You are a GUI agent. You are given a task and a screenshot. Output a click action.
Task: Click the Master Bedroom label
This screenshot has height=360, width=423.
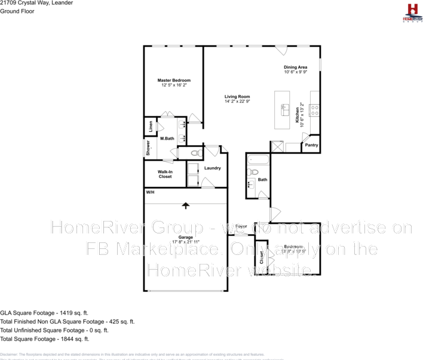[x=174, y=81]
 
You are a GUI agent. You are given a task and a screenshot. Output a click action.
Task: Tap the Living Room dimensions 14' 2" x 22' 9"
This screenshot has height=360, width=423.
[x=237, y=101]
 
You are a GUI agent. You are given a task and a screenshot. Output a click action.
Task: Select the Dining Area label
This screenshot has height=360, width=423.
[x=295, y=67]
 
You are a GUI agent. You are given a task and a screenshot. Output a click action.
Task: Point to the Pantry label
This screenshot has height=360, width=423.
[x=312, y=145]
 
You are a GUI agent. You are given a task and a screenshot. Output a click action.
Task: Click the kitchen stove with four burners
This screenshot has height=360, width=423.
[x=314, y=110]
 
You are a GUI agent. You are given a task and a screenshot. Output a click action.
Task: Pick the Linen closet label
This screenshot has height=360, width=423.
[x=151, y=127]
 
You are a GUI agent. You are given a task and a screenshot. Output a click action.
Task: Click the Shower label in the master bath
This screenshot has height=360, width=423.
[x=148, y=148]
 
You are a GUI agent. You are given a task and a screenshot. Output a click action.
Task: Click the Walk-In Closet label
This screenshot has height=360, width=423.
[x=165, y=174]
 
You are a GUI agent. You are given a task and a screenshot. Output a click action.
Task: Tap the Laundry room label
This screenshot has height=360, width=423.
[x=212, y=168]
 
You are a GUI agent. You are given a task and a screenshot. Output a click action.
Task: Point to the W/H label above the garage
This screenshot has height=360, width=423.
[x=150, y=192]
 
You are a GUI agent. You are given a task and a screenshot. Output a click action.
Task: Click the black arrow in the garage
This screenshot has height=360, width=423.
[x=185, y=205]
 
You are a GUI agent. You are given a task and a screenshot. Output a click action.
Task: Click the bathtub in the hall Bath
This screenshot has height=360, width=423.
[x=258, y=160]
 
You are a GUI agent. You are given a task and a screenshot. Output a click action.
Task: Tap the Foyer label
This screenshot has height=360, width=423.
[x=241, y=227]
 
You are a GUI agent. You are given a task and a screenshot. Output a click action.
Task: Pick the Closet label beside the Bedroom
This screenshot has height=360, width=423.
[x=262, y=257]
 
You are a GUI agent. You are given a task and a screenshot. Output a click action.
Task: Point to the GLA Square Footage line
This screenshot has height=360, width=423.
[x=44, y=312]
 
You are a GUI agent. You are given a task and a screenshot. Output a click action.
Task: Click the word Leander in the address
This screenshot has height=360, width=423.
[x=62, y=3]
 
